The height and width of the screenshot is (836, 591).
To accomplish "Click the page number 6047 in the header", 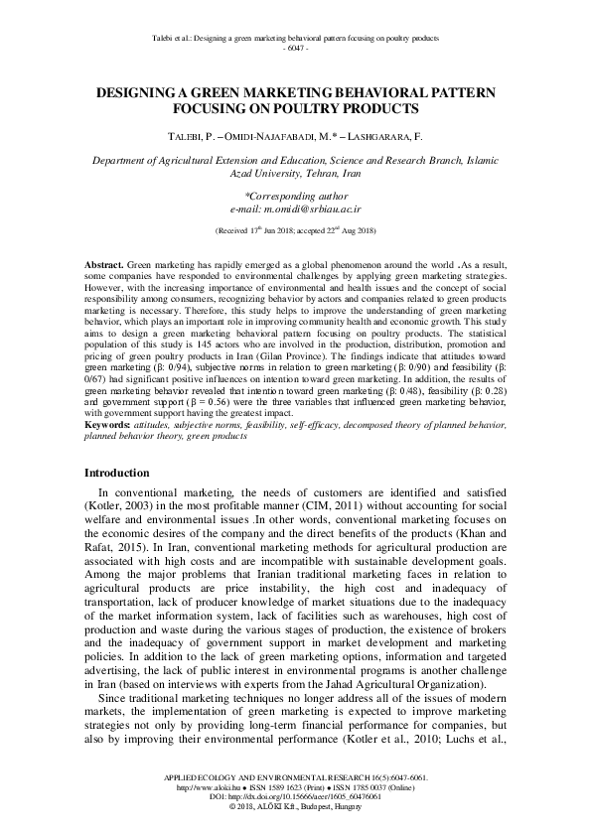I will point(296,48).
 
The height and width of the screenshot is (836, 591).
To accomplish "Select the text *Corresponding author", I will point(295,198).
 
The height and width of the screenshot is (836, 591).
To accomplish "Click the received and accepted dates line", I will point(295,230).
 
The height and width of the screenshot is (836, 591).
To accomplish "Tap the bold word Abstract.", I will point(103,267).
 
